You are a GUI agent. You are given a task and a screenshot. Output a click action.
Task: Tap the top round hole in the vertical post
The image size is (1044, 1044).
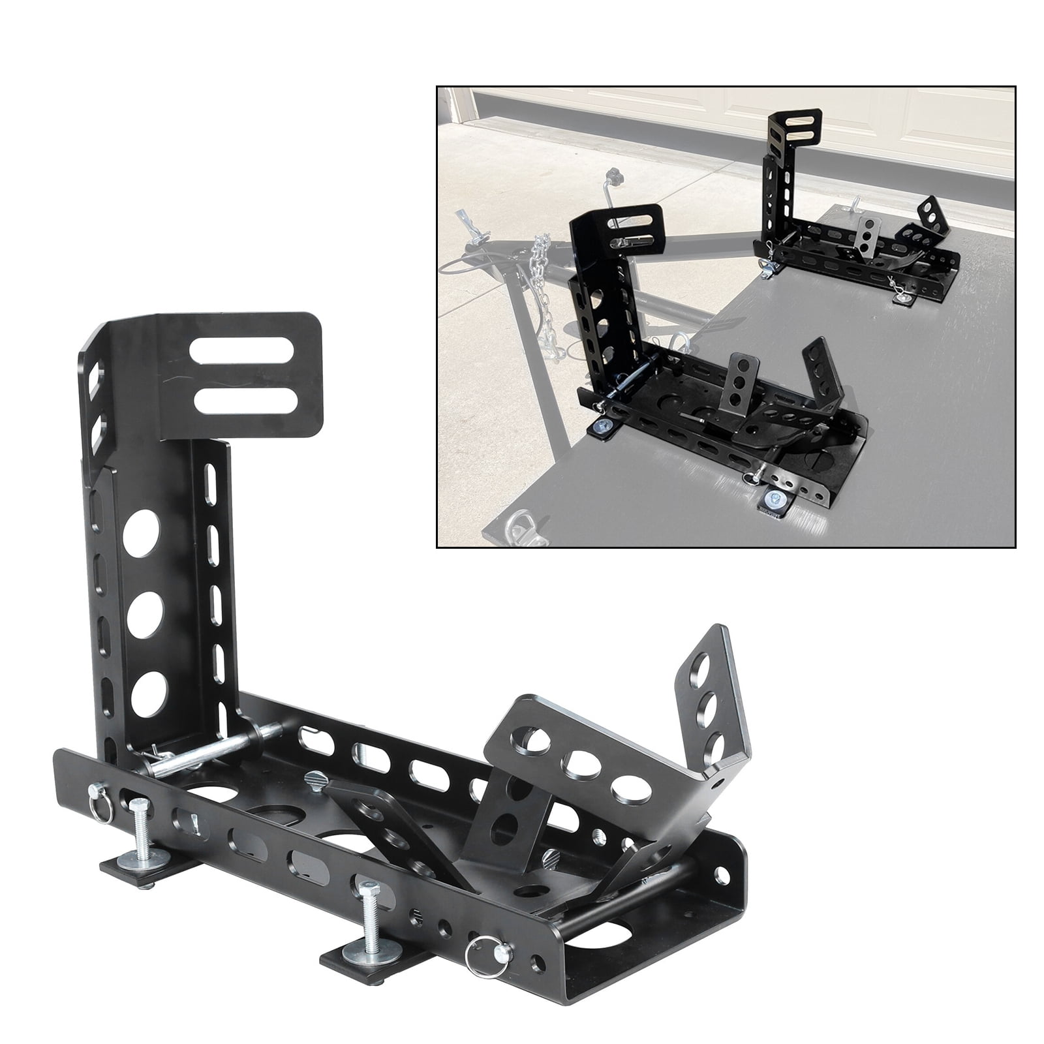coord(142,533)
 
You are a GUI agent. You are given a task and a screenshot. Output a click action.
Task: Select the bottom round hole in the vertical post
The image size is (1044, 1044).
coord(148,692)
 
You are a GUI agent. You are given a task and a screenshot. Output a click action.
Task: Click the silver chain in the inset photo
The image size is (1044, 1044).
coord(547,287)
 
